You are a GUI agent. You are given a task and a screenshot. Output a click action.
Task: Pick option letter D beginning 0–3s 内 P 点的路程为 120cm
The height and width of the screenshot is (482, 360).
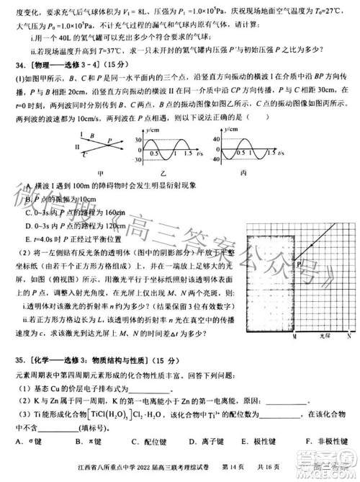tap(27, 225)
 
